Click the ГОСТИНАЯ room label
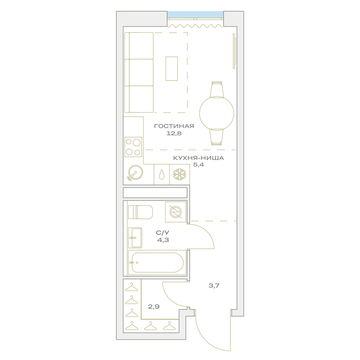174,126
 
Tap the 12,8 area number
174,133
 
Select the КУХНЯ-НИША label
198,158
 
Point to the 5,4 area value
198,165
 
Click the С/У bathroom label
163,233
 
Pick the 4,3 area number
163,240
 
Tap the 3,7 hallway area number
214,285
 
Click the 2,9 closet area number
154,306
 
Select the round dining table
216,113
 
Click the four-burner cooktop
133,147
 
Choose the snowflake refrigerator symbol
180,175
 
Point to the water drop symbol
162,175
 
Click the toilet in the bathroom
140,212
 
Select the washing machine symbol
176,212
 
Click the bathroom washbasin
135,238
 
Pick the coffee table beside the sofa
172,69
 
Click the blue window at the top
195,14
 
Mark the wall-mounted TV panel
234,51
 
